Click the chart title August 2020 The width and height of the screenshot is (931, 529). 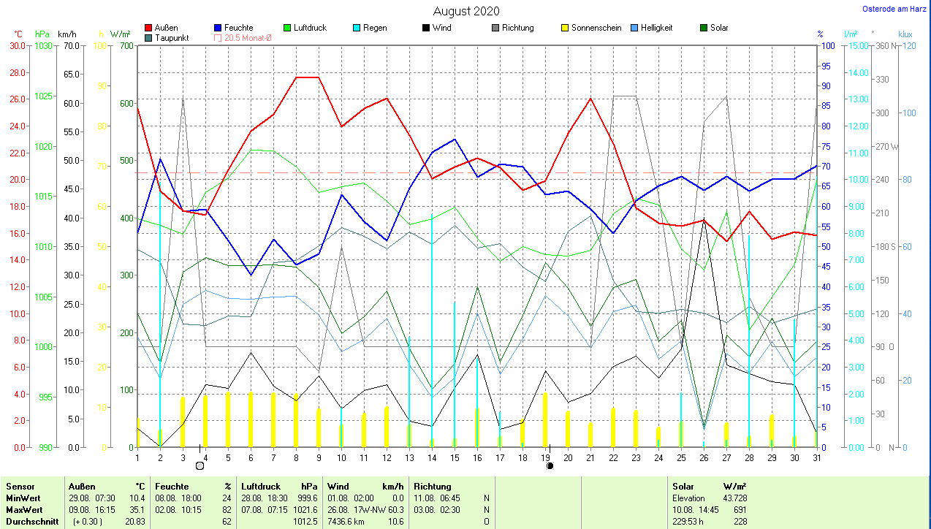point(466,11)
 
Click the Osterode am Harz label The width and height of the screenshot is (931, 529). point(896,9)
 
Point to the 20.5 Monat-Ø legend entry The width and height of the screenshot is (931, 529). point(245,38)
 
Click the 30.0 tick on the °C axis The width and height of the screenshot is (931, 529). point(17,45)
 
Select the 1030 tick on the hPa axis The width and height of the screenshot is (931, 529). point(44,45)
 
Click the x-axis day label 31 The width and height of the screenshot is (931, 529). point(817,458)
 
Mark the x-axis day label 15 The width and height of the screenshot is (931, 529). point(455,458)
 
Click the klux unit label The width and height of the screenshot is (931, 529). point(905,34)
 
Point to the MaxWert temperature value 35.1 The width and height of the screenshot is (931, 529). point(137,509)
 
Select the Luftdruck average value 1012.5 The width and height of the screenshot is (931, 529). point(305,521)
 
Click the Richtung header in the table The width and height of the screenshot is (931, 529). point(433,486)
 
